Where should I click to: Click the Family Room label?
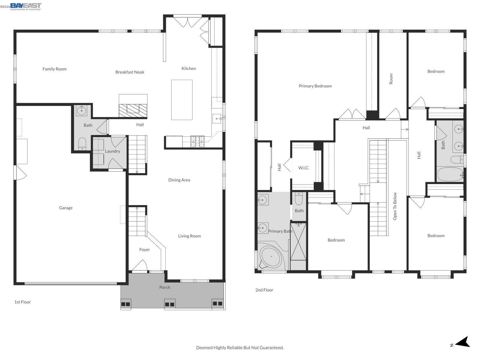point(54,69)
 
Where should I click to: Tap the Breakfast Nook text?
point(130,72)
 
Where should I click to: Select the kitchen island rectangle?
point(182,100)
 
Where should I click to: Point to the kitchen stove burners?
point(197,142)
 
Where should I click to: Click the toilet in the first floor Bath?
point(82,144)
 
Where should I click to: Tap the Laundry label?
point(112,151)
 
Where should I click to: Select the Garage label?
point(66,208)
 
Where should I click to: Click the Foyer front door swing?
point(139,266)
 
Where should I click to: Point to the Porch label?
point(165,287)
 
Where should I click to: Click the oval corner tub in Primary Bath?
point(271,257)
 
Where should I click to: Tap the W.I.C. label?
point(303,168)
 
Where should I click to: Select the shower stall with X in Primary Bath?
point(298,241)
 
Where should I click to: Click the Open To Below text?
point(395,206)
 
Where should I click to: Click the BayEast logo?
point(26,6)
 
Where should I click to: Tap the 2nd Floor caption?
point(264,290)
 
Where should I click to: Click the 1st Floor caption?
point(22,302)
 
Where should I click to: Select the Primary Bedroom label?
point(315,86)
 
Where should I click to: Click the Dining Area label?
point(179,180)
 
